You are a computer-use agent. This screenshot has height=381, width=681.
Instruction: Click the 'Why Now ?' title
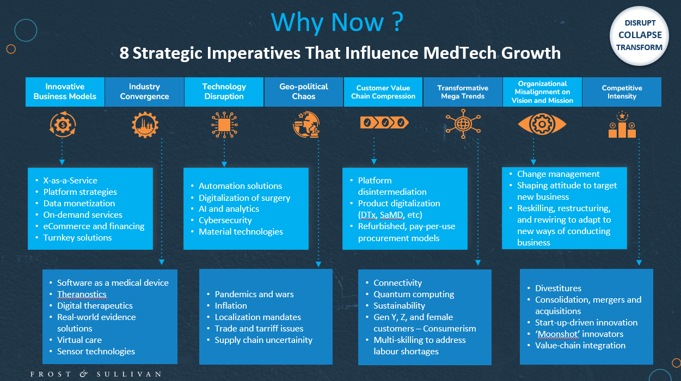click(337, 22)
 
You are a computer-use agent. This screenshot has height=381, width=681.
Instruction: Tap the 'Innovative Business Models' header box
click(65, 91)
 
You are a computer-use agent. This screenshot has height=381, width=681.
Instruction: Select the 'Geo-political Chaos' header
click(304, 91)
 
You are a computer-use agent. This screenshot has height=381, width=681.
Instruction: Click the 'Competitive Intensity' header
click(622, 91)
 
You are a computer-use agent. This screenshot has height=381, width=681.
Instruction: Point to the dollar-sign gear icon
click(63, 125)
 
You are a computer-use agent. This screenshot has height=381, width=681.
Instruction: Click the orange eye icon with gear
click(542, 125)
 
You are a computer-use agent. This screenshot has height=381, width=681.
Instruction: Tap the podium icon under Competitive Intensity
click(622, 126)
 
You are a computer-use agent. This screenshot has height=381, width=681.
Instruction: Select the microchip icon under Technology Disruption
click(224, 125)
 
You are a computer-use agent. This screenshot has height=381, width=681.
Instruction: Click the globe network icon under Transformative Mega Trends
click(463, 124)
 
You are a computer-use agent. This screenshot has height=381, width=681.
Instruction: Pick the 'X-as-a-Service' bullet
click(70, 181)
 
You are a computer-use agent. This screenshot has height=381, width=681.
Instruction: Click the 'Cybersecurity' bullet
click(225, 220)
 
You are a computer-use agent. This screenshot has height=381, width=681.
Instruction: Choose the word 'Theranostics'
click(82, 294)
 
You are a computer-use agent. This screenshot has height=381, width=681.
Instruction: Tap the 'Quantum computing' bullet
click(414, 294)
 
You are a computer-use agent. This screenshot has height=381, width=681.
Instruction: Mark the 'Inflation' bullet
click(231, 306)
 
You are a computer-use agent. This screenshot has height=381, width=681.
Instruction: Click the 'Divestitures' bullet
click(558, 288)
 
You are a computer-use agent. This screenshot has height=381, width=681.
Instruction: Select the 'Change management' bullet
click(558, 174)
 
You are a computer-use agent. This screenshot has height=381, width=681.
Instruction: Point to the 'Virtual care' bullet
click(79, 340)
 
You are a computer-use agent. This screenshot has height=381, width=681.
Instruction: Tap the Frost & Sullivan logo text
click(96, 374)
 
